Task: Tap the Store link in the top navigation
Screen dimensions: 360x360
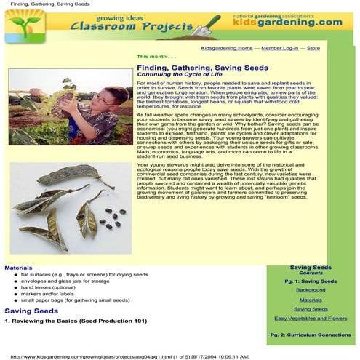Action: (x=313, y=48)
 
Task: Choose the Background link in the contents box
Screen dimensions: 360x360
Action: (x=311, y=289)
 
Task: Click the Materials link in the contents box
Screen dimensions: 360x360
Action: (x=311, y=300)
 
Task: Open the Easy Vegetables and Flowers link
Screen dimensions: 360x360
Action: (x=311, y=319)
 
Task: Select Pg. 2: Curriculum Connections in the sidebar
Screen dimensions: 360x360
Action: (x=311, y=335)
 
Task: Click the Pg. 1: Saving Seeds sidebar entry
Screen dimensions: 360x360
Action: (x=311, y=280)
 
